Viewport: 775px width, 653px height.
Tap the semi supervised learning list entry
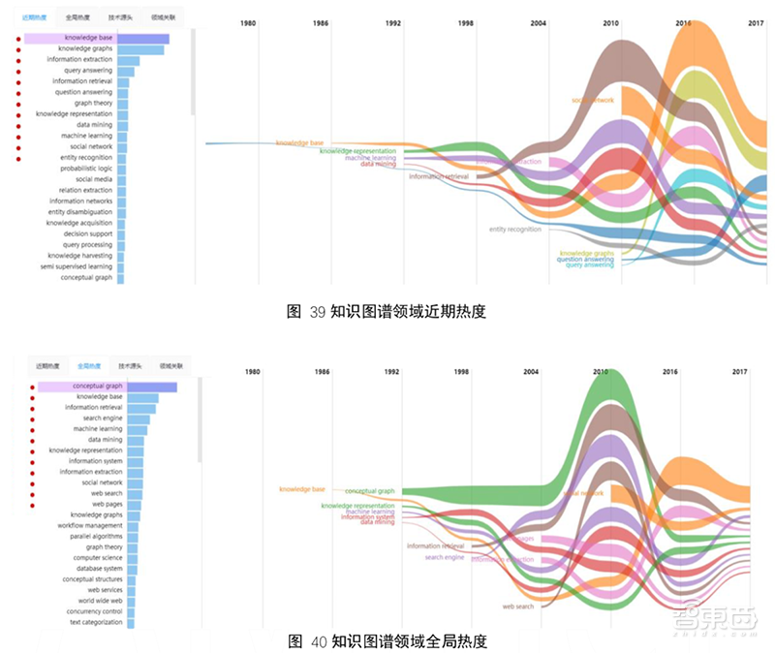tap(77, 266)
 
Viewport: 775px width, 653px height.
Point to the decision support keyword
tap(88, 233)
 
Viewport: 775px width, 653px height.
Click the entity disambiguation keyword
tap(80, 212)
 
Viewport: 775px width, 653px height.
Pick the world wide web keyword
tap(101, 601)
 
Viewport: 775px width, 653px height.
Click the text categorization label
tap(96, 622)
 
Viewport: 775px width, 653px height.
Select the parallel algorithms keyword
tap(95, 536)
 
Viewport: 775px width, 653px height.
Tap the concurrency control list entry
tap(95, 611)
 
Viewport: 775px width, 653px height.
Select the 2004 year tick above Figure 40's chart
tap(531, 372)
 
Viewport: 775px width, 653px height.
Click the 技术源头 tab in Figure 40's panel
tap(130, 366)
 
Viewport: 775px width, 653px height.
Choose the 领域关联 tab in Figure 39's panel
tap(162, 17)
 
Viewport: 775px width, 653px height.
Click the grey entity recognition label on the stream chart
tap(514, 230)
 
